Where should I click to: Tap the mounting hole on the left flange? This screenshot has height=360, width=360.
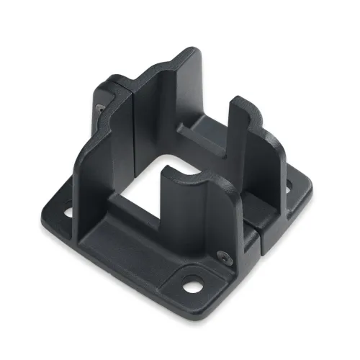68,214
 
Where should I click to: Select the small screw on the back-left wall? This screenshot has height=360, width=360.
99,107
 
